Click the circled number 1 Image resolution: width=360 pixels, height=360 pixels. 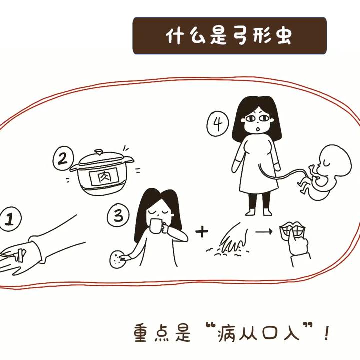click(10, 219)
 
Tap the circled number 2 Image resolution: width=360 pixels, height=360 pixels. click(63, 158)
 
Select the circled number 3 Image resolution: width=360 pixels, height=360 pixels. click(118, 216)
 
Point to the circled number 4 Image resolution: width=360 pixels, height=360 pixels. click(218, 124)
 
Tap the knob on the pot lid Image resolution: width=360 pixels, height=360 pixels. click(98, 152)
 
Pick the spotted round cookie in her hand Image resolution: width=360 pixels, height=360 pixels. click(118, 259)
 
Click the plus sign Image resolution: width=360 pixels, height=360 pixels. click(202, 231)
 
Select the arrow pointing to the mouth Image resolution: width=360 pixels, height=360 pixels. click(264, 231)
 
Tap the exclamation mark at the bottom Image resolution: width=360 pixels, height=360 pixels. click(327, 333)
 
